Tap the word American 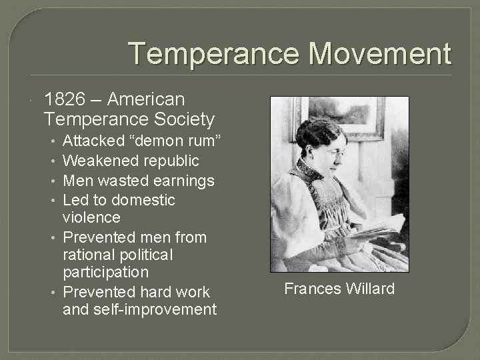(145, 99)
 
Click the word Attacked (93, 141)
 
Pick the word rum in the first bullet (198, 141)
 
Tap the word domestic (143, 200)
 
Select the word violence (91, 217)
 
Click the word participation (105, 272)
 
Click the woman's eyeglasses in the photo (337, 154)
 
